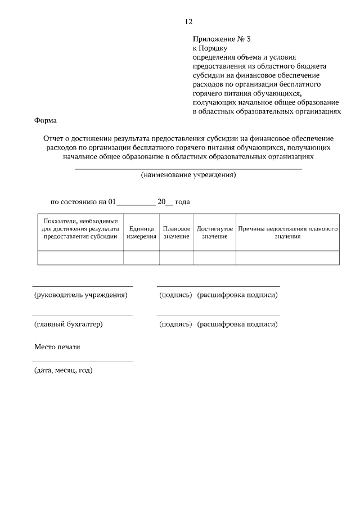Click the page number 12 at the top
pyautogui.click(x=188, y=22)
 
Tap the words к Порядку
pyautogui.click(x=210, y=48)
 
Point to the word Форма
pyautogui.click(x=46, y=120)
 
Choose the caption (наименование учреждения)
pyautogui.click(x=188, y=175)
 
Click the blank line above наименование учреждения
pyautogui.click(x=188, y=169)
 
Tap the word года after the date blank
pyautogui.click(x=184, y=201)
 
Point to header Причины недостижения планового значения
pyautogui.click(x=287, y=233)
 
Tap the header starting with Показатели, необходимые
pyautogui.click(x=80, y=229)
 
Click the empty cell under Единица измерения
pyautogui.click(x=141, y=258)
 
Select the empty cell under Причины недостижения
pyautogui.click(x=287, y=258)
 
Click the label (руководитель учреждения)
pyautogui.click(x=80, y=295)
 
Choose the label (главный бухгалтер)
pyautogui.click(x=68, y=324)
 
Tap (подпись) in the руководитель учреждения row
pyautogui.click(x=175, y=295)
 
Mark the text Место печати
pyautogui.click(x=57, y=347)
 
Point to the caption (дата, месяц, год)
pyautogui.click(x=63, y=370)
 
